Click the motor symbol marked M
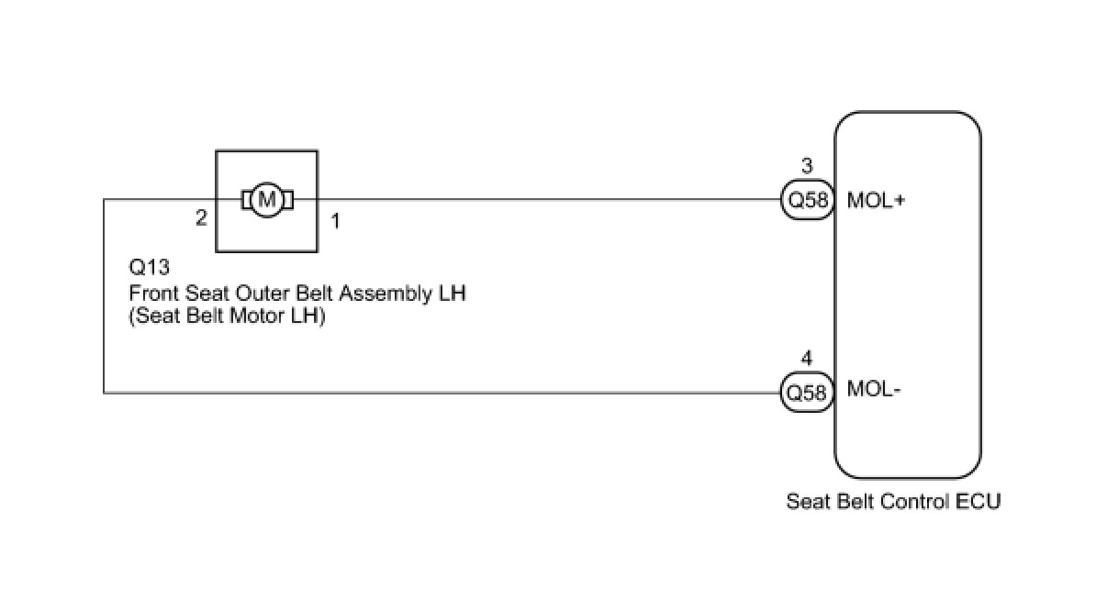coord(267,200)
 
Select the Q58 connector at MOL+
coord(808,200)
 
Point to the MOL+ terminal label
coord(876,200)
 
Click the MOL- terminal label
coord(874,389)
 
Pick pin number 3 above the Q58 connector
coord(807,166)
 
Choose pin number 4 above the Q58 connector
coord(807,358)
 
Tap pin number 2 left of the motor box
coord(201,218)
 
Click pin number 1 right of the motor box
coord(336,221)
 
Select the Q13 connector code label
coord(150,267)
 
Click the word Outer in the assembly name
coord(257,294)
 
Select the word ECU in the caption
coord(978,502)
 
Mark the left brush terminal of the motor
coord(247,200)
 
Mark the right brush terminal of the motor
coord(288,200)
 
